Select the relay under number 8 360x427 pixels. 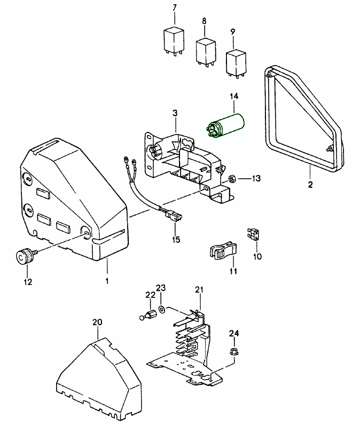(x=206, y=51)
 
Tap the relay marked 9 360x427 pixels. (x=237, y=61)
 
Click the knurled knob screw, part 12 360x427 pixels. (x=25, y=258)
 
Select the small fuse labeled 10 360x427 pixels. (x=254, y=233)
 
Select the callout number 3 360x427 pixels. (x=174, y=113)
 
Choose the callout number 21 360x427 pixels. (x=199, y=289)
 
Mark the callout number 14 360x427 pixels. (x=233, y=97)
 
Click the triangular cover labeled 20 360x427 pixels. (x=99, y=376)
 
